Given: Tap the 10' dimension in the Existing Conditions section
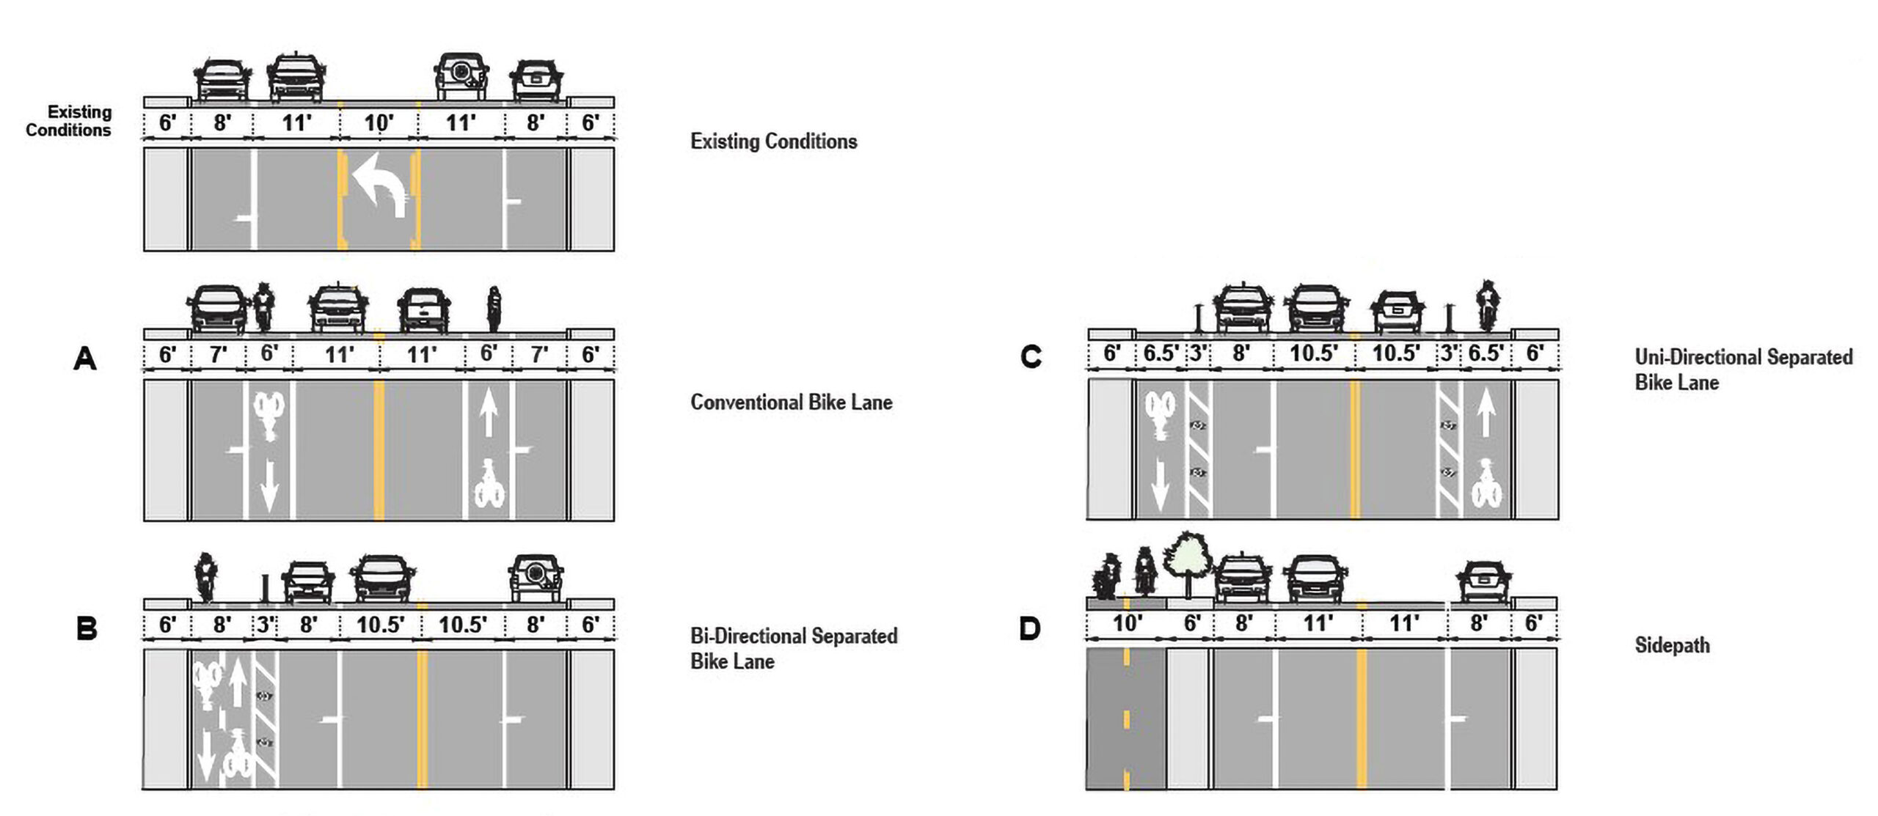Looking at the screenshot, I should pos(379,122).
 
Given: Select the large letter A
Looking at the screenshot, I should pos(85,359).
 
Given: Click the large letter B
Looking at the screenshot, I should pos(87,629).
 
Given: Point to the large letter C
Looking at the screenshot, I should pos(1031,357).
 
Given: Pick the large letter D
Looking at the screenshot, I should pos(1030,629).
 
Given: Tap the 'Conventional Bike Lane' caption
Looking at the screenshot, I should pos(791,403).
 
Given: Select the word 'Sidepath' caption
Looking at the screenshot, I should pos(1672,645).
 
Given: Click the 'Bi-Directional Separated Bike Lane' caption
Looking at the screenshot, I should pos(793,648).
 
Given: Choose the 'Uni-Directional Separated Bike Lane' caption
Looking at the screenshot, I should pos(1742,370).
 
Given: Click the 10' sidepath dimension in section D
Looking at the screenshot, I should pos(1127,623).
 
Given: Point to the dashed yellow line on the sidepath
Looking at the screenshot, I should pos(1126,718).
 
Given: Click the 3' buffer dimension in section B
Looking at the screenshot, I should pos(266,625).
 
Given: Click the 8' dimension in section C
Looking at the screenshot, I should pos(1241,353).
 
